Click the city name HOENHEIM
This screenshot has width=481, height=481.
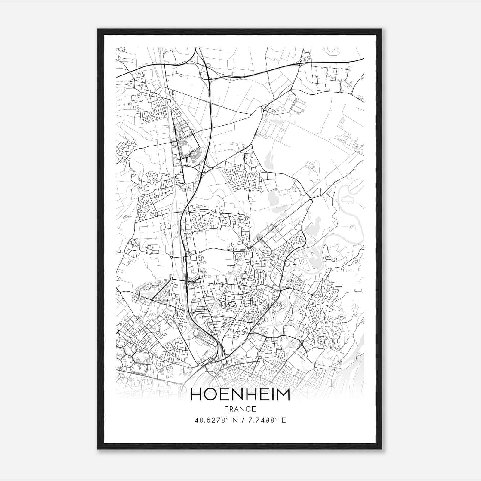(x=240, y=395)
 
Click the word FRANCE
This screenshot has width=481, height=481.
(x=240, y=409)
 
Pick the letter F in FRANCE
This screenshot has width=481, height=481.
(x=226, y=409)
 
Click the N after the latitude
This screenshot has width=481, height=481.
(x=235, y=420)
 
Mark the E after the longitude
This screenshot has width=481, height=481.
(x=283, y=420)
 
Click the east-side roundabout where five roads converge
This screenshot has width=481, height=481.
(x=311, y=198)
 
